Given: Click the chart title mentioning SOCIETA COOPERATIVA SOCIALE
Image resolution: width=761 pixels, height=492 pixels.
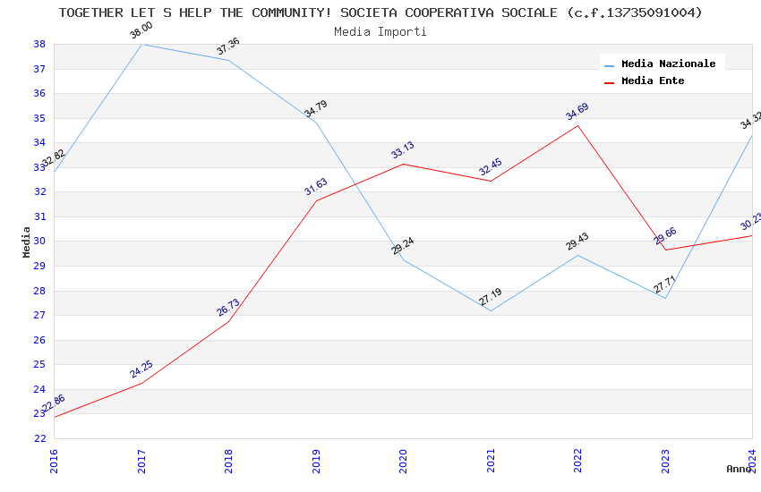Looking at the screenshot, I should (x=380, y=13).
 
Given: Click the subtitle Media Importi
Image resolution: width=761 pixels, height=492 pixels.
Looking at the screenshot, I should (x=380, y=31).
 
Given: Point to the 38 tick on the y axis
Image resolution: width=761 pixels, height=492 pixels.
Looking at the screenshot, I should (x=39, y=44).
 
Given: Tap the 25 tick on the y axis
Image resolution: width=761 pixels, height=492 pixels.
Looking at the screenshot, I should (x=39, y=364).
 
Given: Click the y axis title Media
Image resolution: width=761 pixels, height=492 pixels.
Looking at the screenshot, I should (x=27, y=242).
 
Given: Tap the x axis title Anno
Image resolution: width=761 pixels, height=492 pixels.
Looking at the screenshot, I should (x=739, y=469).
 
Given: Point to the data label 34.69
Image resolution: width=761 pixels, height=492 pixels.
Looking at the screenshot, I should (x=577, y=112).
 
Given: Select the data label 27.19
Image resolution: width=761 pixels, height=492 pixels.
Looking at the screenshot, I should (x=490, y=297).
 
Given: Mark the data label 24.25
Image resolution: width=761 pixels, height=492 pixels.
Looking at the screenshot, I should (x=141, y=369).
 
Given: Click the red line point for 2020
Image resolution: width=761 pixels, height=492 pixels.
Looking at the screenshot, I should (x=403, y=164).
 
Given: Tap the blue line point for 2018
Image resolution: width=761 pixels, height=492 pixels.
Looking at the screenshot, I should (x=228, y=60).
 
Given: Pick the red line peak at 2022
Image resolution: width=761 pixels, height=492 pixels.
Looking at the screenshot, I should (x=578, y=125).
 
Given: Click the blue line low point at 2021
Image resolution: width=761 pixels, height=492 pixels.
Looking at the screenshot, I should (x=491, y=310).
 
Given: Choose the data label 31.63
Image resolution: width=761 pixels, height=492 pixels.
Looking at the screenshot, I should (x=316, y=187).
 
